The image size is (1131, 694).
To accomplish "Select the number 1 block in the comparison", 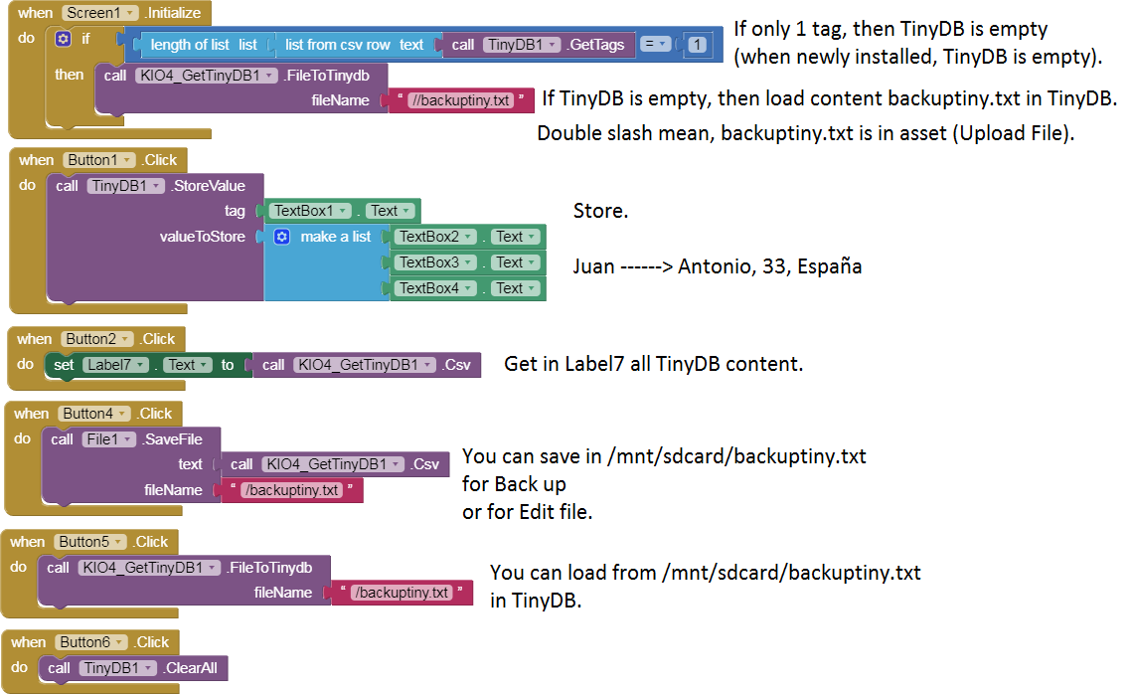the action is point(698,45).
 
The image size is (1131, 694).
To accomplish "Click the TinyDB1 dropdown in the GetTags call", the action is point(522,45).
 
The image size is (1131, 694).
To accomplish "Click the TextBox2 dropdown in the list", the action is point(435,237).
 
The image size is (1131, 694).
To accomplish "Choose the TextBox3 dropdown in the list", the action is point(435,262).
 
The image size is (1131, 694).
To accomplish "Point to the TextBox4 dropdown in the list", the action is point(435,288).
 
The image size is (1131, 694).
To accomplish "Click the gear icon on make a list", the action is point(281,237).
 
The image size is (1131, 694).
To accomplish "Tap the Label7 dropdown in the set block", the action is point(114,365).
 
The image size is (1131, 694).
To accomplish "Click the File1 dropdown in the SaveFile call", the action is point(108,438).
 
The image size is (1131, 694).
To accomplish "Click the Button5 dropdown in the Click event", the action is point(90,542).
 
